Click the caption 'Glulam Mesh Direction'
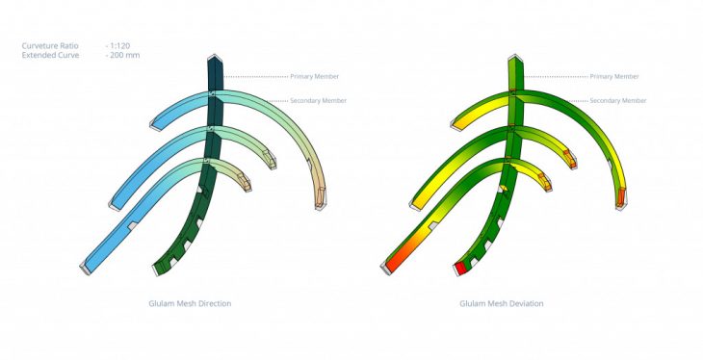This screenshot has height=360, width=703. pos(190,303)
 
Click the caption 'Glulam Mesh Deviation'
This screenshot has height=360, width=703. pos(501,303)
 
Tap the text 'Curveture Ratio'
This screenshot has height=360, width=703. pos(50,46)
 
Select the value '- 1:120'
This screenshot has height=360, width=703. pos(117,46)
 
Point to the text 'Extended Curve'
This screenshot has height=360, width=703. pos(50,55)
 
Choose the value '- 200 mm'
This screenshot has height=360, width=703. pos(123,55)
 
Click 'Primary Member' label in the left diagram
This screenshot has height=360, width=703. pos(314,77)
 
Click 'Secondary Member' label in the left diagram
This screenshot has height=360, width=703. pos(319,101)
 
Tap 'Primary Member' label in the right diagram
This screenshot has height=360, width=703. pos(614,77)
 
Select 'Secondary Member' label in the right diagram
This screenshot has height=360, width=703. pos(618,101)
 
